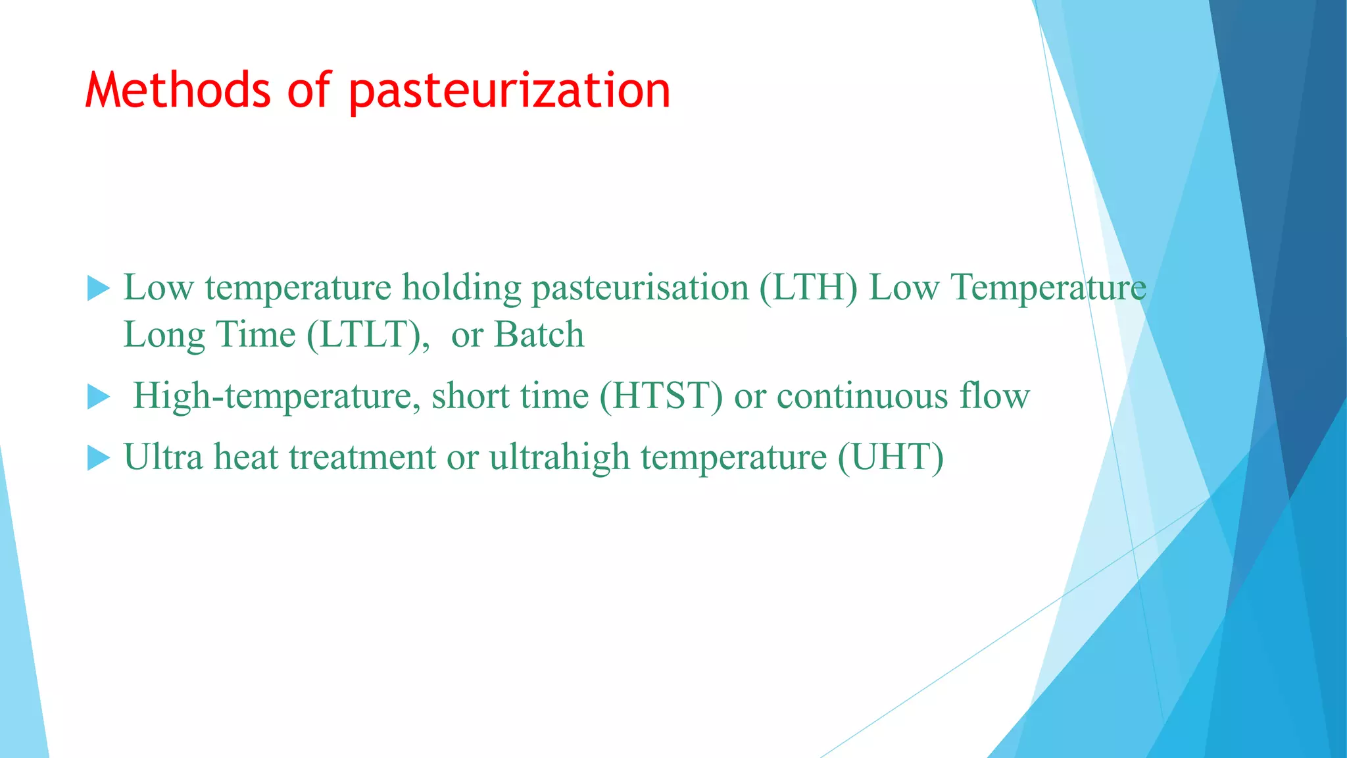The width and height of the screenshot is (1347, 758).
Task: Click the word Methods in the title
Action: pos(178,90)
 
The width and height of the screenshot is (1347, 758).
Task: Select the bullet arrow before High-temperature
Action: pos(98,397)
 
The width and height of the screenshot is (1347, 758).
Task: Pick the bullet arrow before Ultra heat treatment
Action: pos(98,458)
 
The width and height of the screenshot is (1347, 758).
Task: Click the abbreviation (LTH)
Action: pos(808,288)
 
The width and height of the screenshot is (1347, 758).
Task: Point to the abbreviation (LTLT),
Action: pos(368,335)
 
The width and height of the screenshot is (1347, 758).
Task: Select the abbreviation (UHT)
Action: pos(891,457)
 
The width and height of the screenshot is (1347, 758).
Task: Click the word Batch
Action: pos(539,334)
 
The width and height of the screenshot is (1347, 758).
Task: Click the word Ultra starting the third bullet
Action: pos(163,457)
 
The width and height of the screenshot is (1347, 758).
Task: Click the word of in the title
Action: pos(309,90)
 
